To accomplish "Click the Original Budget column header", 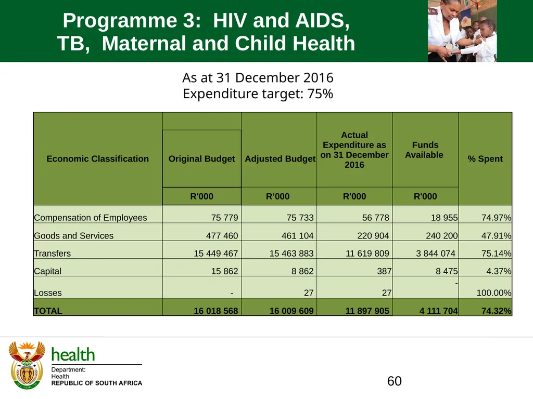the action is click(x=201, y=159).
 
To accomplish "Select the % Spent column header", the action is click(x=485, y=159).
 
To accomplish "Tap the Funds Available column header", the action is click(x=425, y=150).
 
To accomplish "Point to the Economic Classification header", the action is click(x=97, y=159).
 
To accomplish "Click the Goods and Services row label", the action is click(x=74, y=235).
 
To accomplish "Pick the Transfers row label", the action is click(x=53, y=254).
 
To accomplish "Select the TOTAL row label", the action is click(x=48, y=311).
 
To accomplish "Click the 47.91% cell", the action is click(x=496, y=235).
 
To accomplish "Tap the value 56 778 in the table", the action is click(x=376, y=218).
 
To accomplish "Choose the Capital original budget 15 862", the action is click(x=225, y=271).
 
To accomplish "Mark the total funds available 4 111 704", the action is click(x=438, y=311).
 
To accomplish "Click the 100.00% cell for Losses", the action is click(x=494, y=293).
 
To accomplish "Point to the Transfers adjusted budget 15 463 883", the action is click(x=291, y=254).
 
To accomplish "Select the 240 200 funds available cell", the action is click(x=441, y=235).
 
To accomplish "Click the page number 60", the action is click(x=395, y=381).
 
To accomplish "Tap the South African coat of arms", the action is click(x=27, y=365).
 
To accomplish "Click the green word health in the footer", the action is click(x=73, y=354).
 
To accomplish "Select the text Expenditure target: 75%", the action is click(x=258, y=94).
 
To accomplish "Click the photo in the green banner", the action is click(x=462, y=31).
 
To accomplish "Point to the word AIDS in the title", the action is click(x=322, y=20).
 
